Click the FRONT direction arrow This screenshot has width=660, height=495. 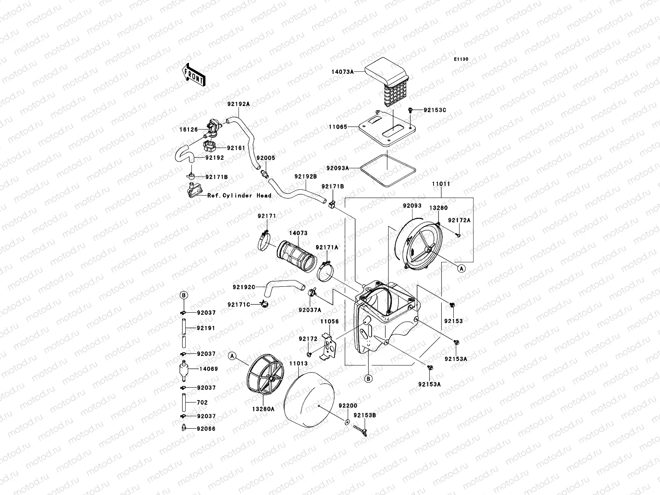(193, 75)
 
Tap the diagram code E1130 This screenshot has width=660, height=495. (461, 59)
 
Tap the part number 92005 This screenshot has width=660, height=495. (266, 158)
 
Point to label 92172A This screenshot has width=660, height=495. (459, 220)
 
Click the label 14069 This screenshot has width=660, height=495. (208, 369)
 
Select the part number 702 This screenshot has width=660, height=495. (202, 402)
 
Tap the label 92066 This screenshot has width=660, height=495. (206, 429)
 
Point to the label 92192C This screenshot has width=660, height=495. (244, 287)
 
